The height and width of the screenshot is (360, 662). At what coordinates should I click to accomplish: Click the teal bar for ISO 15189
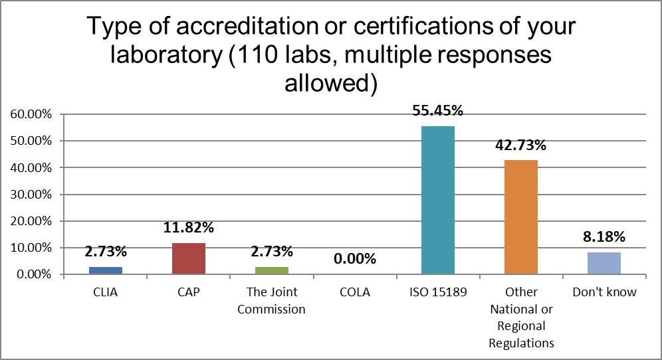pos(437,200)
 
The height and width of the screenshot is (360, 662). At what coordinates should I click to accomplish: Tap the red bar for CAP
pos(188,258)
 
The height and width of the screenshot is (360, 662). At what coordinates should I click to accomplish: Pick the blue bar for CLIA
pos(105,270)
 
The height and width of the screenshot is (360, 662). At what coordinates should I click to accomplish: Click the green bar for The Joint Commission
pos(271,270)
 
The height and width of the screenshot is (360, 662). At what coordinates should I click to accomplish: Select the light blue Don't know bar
pos(604,263)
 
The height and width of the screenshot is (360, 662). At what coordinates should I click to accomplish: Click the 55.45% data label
pos(437,111)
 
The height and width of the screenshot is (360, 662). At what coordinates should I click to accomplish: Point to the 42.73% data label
pos(520,145)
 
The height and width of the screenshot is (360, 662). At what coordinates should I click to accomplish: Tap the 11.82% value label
pos(188,228)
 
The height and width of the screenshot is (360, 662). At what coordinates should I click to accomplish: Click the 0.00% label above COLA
pos(354,258)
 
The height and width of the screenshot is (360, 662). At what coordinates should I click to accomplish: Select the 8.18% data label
pos(604,237)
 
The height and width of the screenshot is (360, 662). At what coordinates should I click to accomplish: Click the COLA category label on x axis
pos(354,292)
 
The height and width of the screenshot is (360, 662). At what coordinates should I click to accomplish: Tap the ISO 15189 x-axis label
pos(437,292)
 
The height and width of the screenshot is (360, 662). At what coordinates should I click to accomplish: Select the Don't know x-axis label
pos(604,292)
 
